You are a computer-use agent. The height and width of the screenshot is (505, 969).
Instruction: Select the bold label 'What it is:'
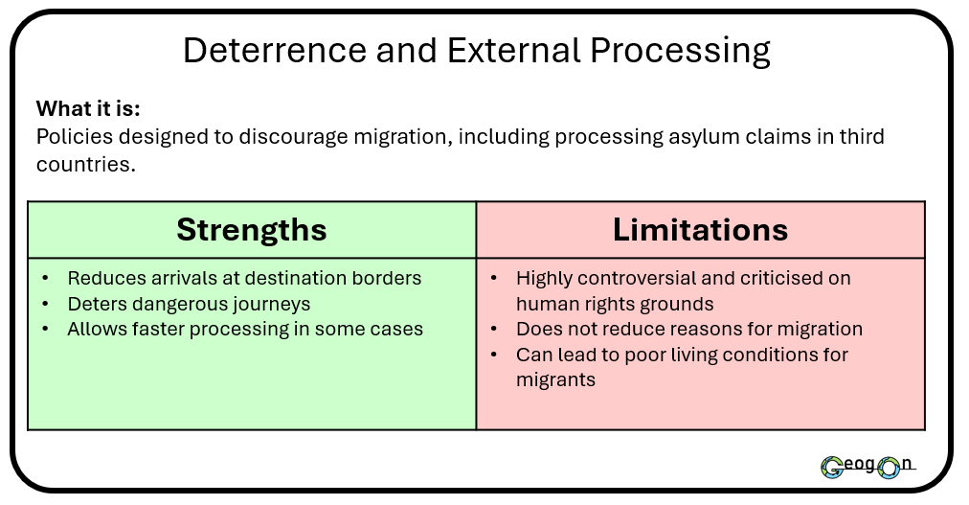click(88, 108)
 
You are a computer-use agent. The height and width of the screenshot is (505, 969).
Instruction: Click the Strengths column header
click(252, 230)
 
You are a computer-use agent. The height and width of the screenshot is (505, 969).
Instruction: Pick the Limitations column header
click(700, 230)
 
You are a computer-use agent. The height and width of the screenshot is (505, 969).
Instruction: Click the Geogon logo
click(867, 467)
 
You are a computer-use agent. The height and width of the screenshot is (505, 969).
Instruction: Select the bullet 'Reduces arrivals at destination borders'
click(244, 279)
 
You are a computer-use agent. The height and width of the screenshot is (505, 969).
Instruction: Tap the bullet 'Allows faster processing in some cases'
click(244, 330)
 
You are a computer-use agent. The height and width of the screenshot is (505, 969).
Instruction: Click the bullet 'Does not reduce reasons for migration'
click(688, 330)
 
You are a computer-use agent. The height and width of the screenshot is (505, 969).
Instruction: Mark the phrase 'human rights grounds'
click(615, 304)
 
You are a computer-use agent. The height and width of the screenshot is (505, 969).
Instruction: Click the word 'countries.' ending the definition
click(85, 164)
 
